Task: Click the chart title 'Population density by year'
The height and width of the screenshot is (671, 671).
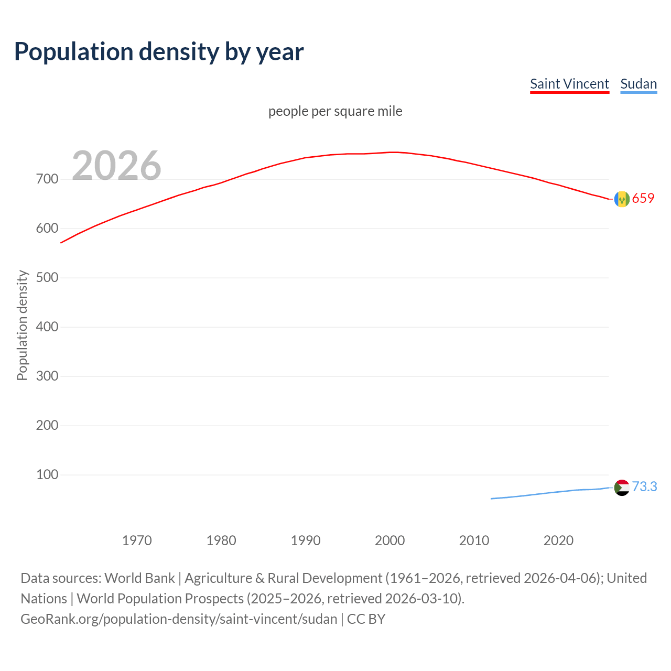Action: coord(159,52)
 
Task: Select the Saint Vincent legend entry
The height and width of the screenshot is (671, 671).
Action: coord(569,84)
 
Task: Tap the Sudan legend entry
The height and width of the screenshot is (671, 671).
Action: coord(638,84)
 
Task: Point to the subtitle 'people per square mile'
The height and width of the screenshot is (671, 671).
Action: coord(335,111)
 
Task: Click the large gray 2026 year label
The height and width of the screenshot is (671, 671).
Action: coord(116,166)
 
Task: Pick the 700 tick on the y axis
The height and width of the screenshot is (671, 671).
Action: coord(47,179)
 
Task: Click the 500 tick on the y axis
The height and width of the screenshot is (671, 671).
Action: coord(47,278)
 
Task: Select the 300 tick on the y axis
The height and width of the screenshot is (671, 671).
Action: coord(47,376)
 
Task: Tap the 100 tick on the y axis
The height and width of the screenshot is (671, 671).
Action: coord(47,474)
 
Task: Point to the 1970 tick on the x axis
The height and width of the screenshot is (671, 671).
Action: coord(137,540)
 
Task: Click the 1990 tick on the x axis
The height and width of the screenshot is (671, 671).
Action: coord(306,540)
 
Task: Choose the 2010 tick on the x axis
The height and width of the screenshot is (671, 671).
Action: coord(474,540)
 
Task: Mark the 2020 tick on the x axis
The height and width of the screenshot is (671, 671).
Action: coord(558,540)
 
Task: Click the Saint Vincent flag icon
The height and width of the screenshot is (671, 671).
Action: coord(622,199)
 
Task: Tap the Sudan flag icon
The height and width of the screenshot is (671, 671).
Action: coord(622,488)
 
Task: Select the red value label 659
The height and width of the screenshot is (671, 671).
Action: coord(643,198)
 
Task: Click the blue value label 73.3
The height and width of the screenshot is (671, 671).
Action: coord(644,487)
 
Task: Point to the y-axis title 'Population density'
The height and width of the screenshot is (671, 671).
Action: coord(22,325)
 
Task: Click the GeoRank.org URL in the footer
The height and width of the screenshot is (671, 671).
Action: coord(179,619)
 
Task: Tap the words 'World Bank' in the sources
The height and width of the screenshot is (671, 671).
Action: coord(139,578)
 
